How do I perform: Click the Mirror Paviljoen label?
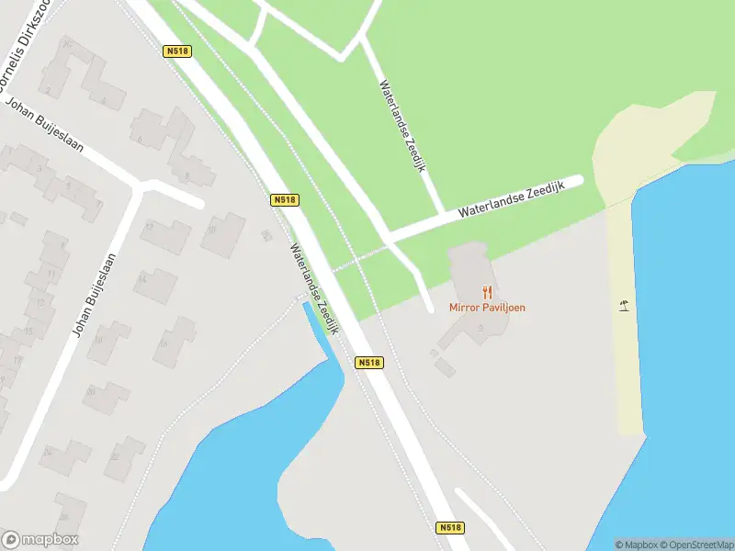click(487, 308)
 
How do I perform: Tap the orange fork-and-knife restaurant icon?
click(487, 292)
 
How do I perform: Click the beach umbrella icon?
click(625, 306)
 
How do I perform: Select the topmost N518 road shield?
click(177, 51)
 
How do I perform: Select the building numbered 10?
click(222, 233)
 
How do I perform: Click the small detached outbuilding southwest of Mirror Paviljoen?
click(445, 367)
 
